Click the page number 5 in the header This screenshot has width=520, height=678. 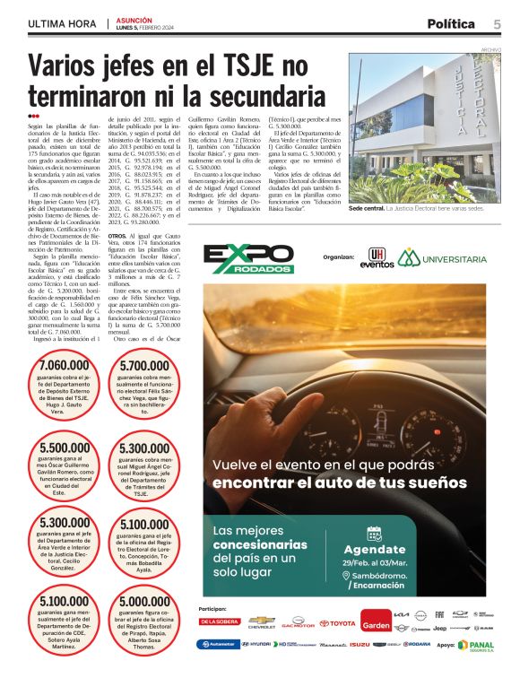coord(497,23)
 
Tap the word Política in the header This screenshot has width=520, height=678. coord(456,23)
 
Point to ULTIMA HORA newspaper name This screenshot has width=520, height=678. coord(62,23)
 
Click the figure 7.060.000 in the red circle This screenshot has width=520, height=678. coord(65,366)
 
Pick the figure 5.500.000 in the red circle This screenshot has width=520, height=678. coord(65,448)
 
